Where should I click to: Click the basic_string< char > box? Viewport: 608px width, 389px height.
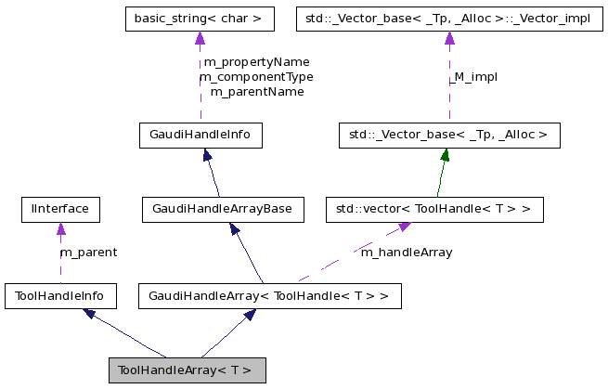(x=199, y=18)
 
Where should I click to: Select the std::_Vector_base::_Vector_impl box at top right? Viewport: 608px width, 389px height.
(x=448, y=18)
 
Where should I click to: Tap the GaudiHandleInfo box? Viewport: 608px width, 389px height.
(x=200, y=136)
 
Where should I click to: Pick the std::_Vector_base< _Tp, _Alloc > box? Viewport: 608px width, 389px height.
(x=448, y=136)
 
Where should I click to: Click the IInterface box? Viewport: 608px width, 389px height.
(x=60, y=209)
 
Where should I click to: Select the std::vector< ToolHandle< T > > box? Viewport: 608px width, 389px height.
(x=433, y=209)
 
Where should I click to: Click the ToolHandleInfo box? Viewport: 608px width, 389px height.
(x=60, y=296)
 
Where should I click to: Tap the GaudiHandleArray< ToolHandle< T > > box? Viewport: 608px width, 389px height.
(x=269, y=296)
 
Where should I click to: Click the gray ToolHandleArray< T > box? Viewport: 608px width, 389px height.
(x=187, y=370)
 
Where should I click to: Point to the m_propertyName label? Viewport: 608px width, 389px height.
(x=256, y=62)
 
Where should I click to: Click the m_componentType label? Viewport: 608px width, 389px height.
(x=256, y=77)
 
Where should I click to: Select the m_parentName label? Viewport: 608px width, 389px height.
(x=256, y=92)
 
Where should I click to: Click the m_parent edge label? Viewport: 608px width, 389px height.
(x=88, y=253)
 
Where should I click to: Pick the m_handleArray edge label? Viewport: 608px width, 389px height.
(x=406, y=253)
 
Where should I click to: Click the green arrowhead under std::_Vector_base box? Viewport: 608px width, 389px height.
(x=446, y=156)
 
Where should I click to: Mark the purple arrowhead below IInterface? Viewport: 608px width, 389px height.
(x=60, y=228)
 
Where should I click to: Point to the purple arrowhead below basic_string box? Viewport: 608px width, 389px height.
(x=199, y=38)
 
